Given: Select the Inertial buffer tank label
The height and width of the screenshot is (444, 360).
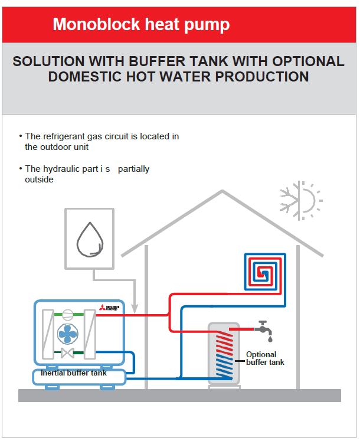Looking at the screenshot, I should pos(74,373).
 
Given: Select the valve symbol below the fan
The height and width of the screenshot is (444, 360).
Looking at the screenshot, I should pos(67,353).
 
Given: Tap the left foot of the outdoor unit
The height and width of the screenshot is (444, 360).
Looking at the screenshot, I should pos(50,387).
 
